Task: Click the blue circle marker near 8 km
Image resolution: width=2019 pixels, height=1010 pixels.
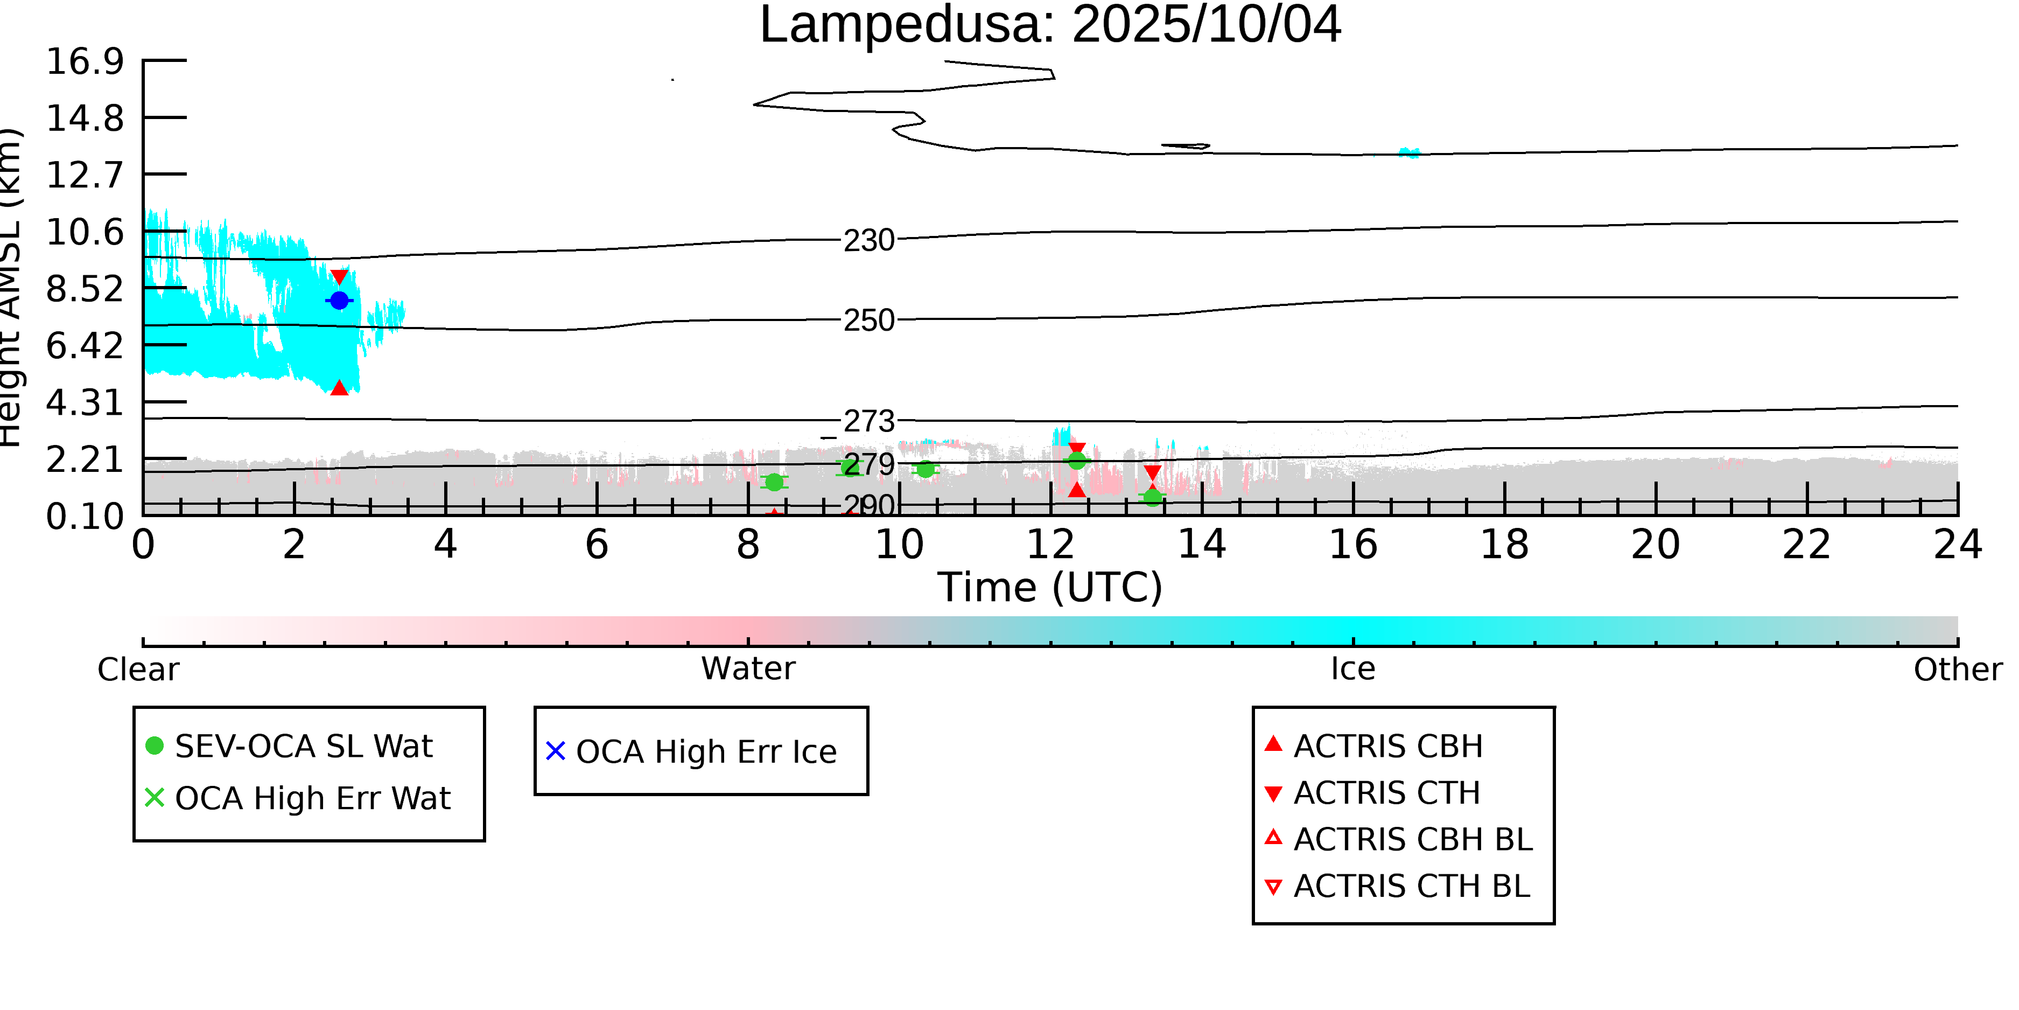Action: click(339, 301)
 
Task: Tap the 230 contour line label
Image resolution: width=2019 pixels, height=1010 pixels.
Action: click(868, 240)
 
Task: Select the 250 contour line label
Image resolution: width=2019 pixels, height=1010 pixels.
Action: click(868, 320)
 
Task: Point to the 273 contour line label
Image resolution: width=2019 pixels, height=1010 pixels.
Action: click(868, 422)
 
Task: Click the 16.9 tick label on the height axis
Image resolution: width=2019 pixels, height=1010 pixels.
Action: click(85, 61)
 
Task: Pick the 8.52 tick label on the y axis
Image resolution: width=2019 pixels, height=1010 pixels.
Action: click(85, 289)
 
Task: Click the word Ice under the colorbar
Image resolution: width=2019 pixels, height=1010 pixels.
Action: click(1353, 669)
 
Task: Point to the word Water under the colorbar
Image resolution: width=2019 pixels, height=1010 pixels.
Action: click(748, 669)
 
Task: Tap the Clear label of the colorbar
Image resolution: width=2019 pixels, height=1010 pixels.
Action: click(138, 670)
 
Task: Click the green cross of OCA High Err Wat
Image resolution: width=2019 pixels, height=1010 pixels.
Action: click(155, 797)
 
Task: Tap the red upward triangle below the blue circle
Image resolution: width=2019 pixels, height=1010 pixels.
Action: click(339, 387)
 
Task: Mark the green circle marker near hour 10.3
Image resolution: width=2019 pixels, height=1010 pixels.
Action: click(926, 469)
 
